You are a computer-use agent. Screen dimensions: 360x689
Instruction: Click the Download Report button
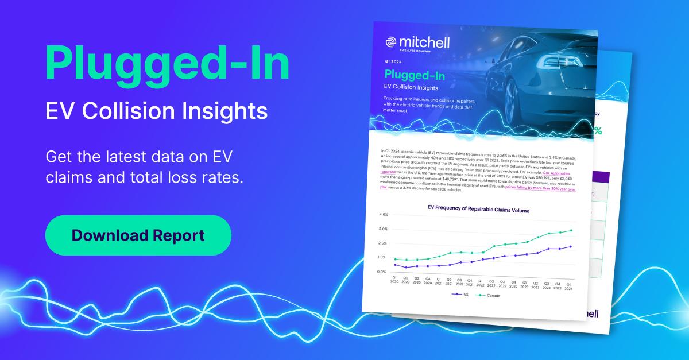tap(138, 235)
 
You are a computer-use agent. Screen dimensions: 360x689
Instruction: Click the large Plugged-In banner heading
tap(167, 65)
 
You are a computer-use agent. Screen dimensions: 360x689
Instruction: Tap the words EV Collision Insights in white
tap(156, 111)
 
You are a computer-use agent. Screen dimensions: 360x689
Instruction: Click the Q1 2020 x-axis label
tap(394, 280)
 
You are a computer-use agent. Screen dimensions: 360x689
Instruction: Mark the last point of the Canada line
tap(570, 230)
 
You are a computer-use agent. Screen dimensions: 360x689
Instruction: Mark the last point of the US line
tap(570, 246)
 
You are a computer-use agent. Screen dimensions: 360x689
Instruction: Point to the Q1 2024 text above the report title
tap(394, 61)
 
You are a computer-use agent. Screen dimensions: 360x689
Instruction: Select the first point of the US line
tap(395, 265)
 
